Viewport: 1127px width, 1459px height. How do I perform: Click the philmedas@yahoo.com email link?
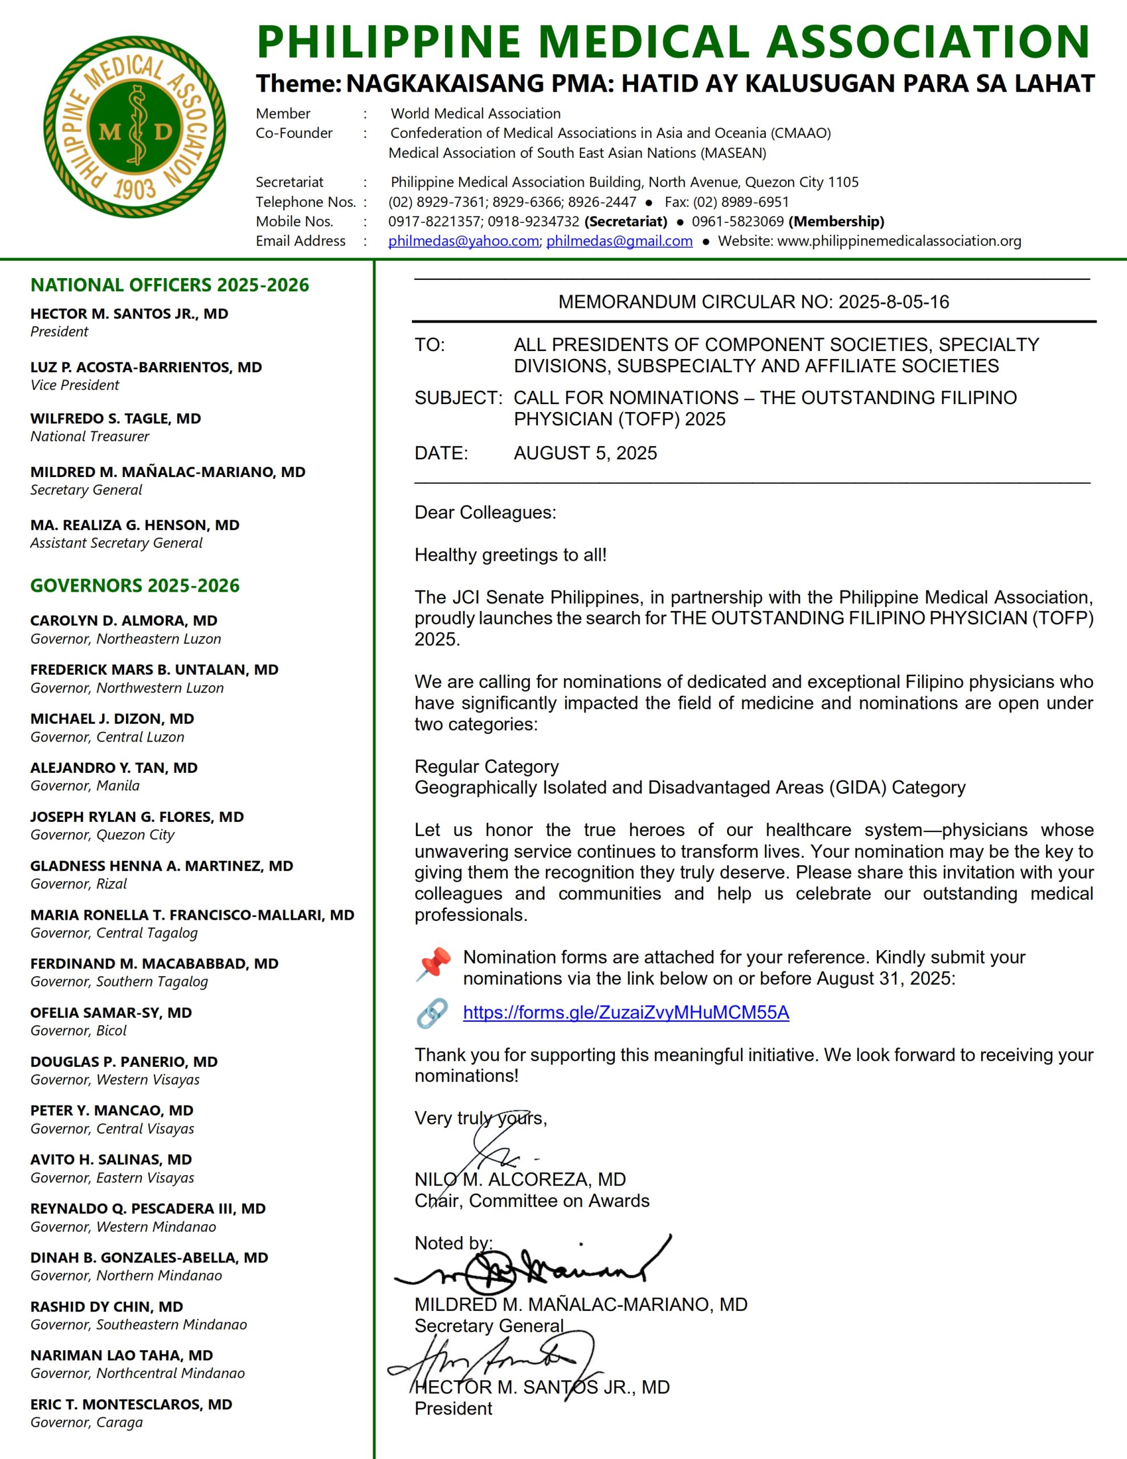463,241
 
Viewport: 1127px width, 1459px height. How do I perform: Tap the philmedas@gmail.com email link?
619,241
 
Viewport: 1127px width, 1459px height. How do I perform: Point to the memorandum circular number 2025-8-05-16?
893,302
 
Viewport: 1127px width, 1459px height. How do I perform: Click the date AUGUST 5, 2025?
585,453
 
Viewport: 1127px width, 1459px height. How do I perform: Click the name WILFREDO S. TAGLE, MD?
116,419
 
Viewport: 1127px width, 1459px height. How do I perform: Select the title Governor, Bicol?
78,1031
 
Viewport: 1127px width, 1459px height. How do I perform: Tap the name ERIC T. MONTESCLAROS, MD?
131,1404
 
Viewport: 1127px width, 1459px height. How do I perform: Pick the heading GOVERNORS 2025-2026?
134,586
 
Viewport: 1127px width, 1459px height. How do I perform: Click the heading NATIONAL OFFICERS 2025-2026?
170,286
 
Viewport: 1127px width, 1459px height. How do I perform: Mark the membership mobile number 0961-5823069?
737,222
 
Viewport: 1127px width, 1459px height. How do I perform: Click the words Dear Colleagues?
485,512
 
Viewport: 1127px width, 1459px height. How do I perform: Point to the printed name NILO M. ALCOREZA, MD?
520,1179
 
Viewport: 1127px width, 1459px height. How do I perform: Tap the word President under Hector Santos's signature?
453,1408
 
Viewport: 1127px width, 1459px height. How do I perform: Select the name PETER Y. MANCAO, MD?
112,1110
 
